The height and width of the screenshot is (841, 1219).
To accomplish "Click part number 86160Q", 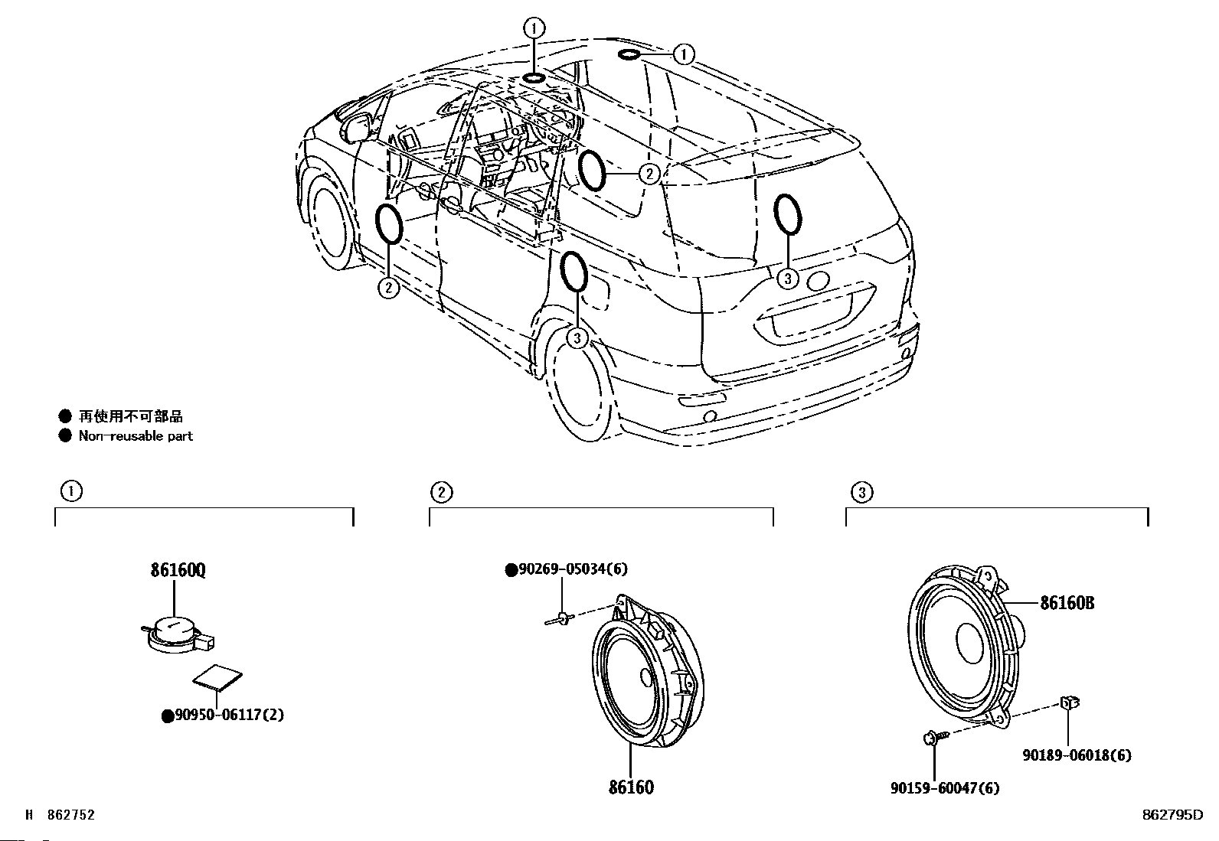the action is click(178, 570).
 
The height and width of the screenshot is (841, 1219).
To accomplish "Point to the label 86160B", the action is click(1067, 603).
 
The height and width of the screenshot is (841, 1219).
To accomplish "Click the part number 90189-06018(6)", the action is click(1077, 755).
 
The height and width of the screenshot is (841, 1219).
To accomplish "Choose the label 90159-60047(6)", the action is click(946, 787).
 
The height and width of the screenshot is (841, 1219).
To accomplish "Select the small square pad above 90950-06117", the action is click(217, 677).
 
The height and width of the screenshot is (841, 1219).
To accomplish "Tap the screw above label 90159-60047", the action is click(936, 737).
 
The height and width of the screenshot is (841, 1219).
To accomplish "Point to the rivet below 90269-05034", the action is click(560, 618).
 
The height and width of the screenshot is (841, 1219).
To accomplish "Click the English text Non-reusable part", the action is click(136, 435).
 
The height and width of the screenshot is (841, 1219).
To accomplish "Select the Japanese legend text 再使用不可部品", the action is click(131, 416).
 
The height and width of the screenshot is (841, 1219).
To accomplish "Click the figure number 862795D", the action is click(1172, 815).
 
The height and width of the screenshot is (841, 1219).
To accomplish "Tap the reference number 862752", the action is click(70, 815).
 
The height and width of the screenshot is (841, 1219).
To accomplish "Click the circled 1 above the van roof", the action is click(534, 28).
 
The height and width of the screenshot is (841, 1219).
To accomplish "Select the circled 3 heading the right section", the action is click(861, 492).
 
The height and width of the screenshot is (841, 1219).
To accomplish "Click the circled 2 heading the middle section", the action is click(441, 492).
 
